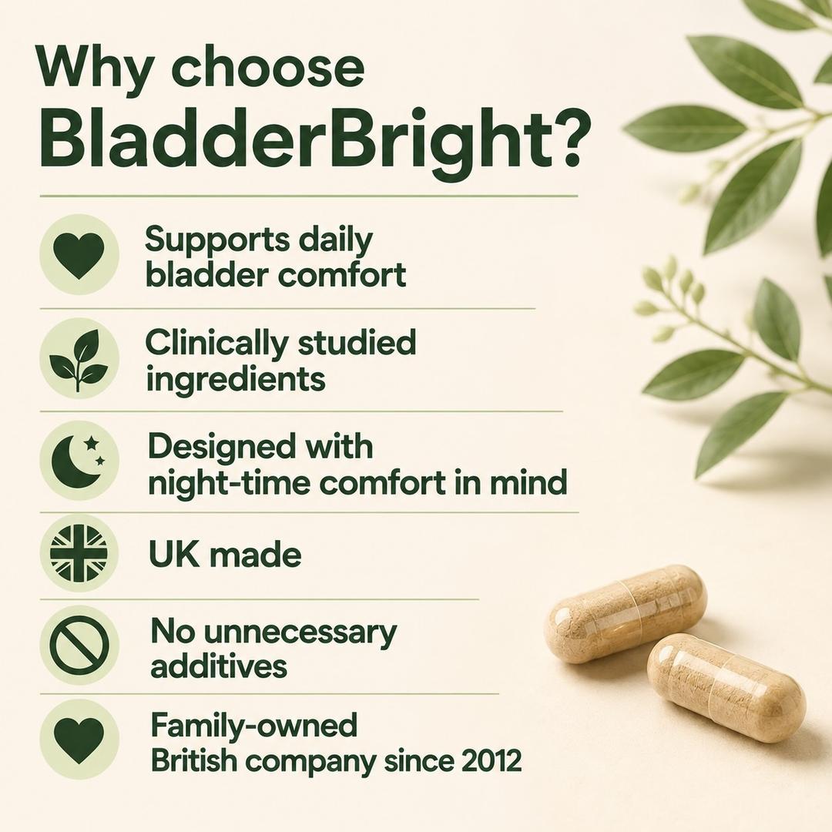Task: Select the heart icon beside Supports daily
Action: (x=79, y=256)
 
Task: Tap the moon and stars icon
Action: (x=79, y=460)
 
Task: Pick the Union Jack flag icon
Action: (x=79, y=553)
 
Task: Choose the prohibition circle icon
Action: (x=79, y=646)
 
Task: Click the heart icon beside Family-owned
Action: (x=79, y=740)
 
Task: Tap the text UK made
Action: (x=225, y=555)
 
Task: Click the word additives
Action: (x=219, y=666)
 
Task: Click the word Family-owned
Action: (x=254, y=725)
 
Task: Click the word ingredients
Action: (x=236, y=379)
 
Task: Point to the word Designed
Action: (x=222, y=446)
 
